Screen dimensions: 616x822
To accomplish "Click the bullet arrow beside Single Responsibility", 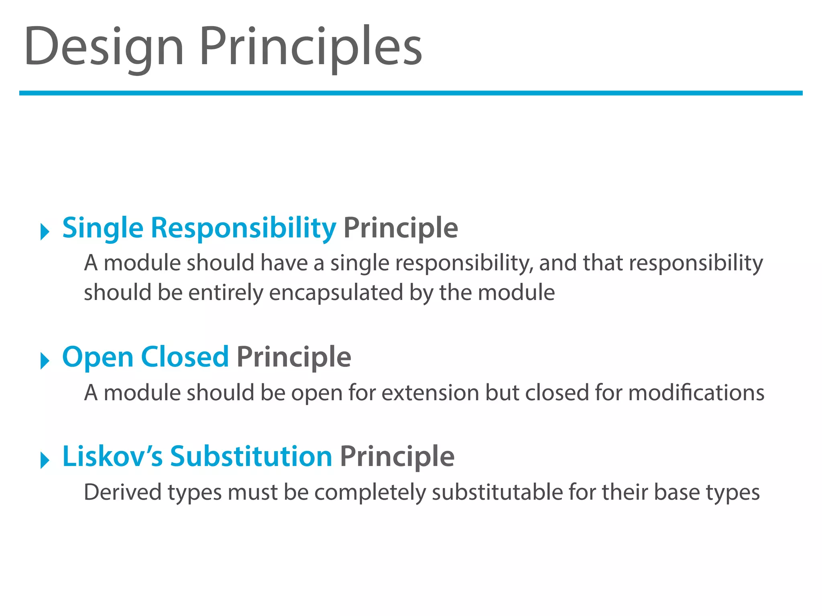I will (45, 232).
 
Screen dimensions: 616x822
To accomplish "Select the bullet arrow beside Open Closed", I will (45, 361).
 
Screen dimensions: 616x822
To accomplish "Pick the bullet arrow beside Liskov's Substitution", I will (45, 460).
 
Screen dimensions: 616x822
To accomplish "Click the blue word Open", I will (98, 357).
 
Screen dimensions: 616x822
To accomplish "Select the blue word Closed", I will (185, 357).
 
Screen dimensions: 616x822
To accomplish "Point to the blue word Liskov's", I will (112, 456).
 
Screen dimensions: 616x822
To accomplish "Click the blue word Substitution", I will (251, 456).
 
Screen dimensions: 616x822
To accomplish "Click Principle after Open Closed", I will (294, 357).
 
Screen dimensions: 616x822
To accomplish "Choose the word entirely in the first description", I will (225, 293).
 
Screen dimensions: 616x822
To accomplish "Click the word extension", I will (430, 393).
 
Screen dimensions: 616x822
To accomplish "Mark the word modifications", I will (696, 393).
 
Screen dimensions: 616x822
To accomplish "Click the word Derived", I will (122, 492).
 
